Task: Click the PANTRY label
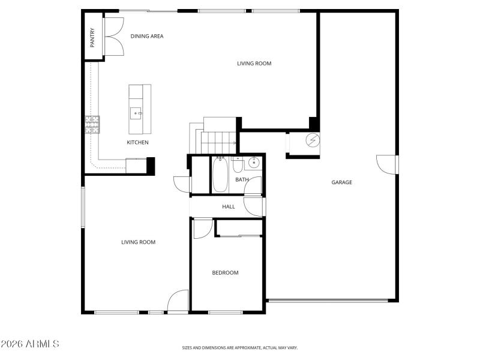(92, 38)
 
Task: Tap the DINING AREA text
(147, 36)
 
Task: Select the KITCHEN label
(137, 142)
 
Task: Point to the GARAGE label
(342, 182)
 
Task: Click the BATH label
(241, 179)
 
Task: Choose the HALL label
(229, 207)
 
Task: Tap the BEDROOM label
(225, 273)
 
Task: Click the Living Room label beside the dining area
(254, 63)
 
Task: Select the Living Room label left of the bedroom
(138, 242)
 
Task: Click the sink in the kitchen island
(136, 111)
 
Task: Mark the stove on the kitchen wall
(92, 124)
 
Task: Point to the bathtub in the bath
(220, 175)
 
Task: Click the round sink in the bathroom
(254, 162)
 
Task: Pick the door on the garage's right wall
(387, 164)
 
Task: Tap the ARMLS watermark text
(30, 344)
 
